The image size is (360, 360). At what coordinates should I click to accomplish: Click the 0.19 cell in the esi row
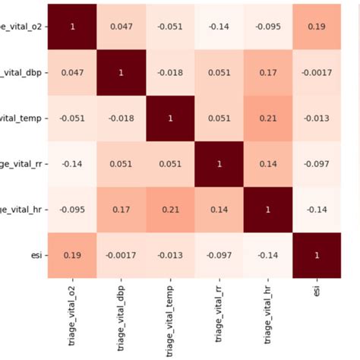point(74,254)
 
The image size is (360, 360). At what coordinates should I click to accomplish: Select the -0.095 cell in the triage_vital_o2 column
point(74,209)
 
